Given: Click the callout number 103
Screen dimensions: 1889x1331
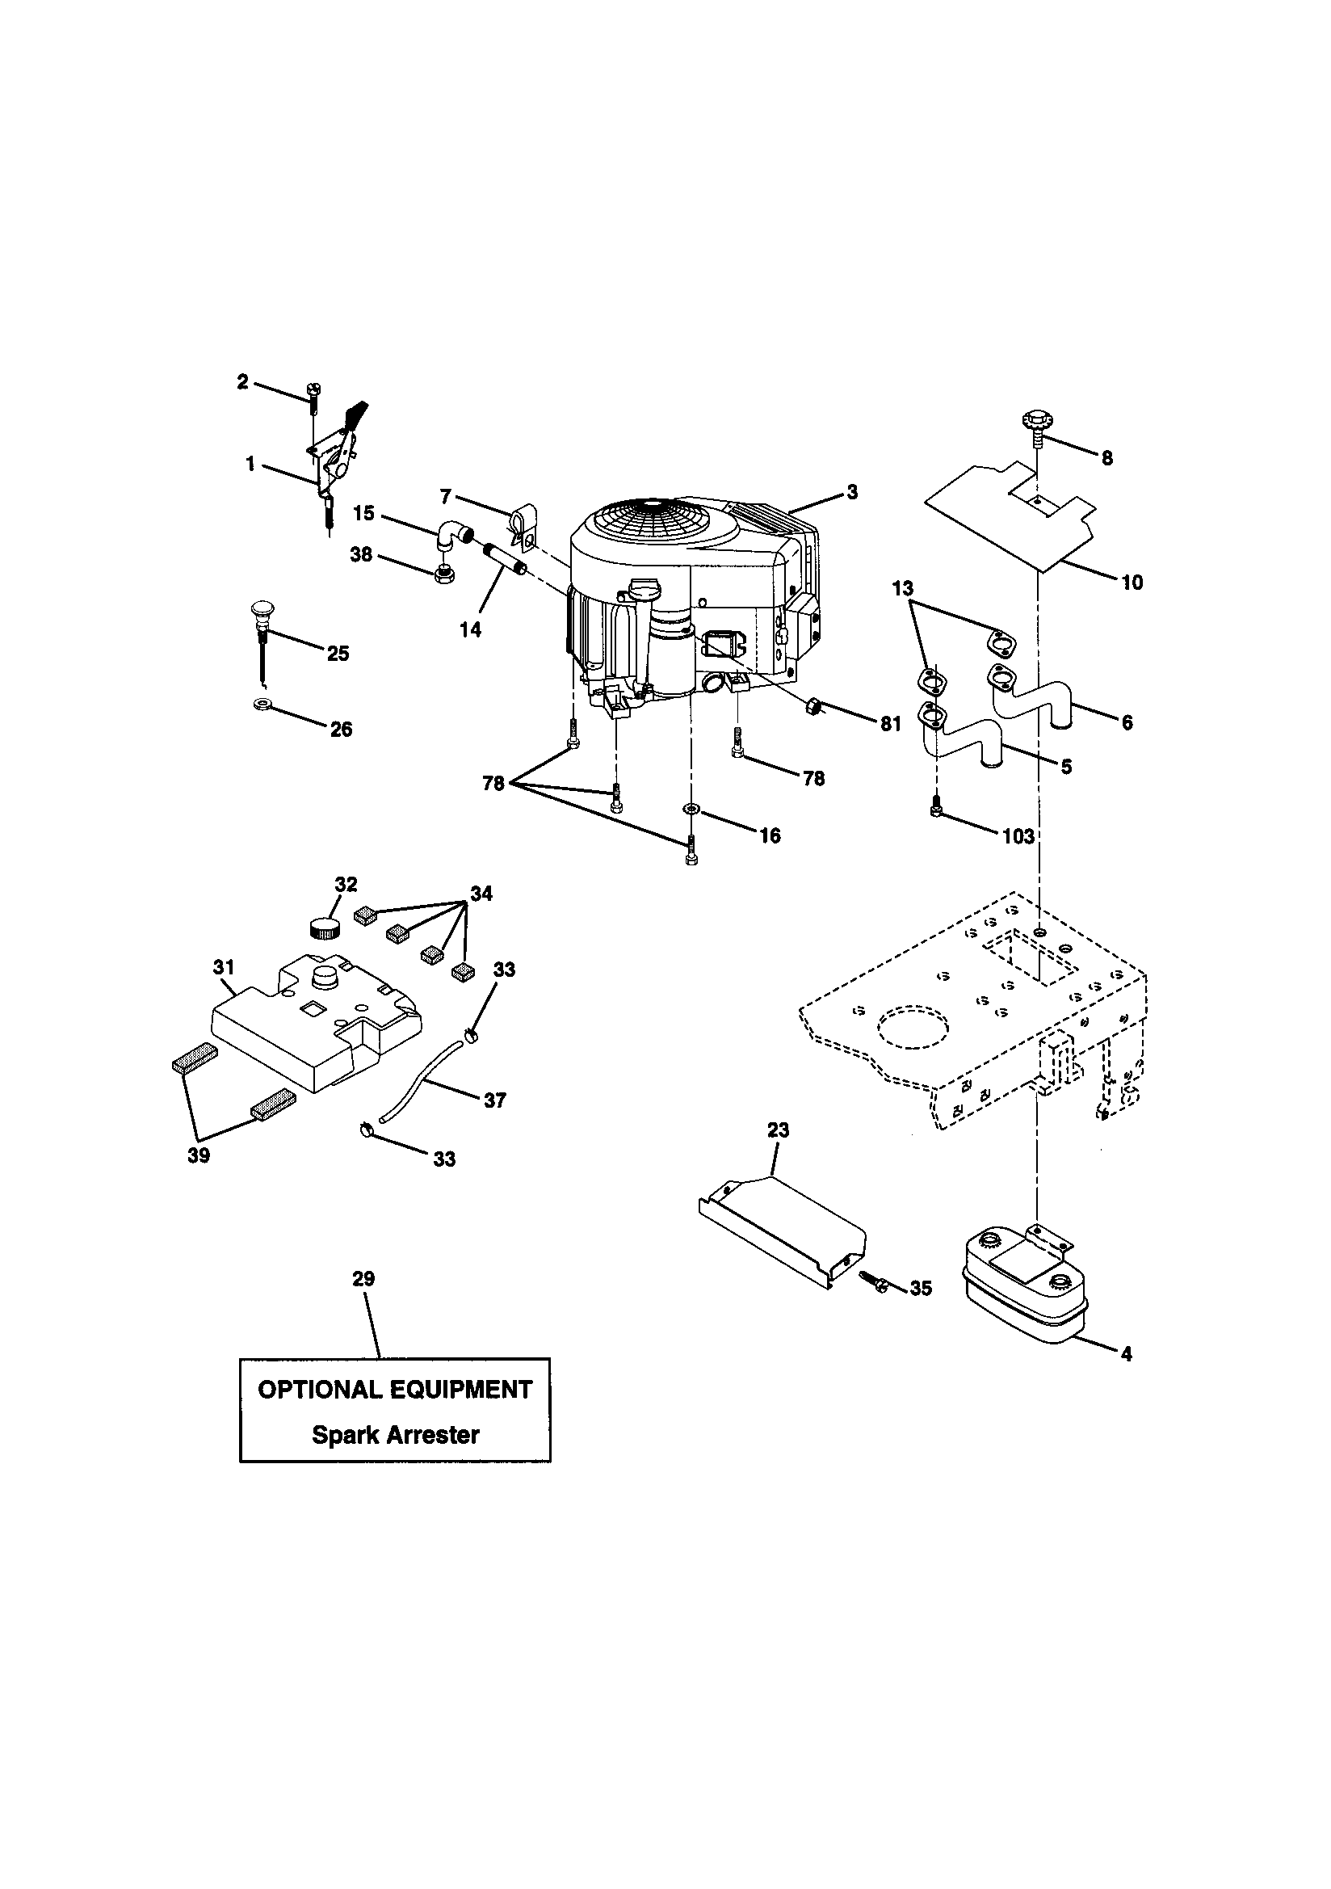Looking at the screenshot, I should coord(1018,836).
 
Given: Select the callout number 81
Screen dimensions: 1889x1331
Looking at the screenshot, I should coord(890,725).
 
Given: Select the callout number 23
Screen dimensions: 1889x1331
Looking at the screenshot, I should coord(778,1130).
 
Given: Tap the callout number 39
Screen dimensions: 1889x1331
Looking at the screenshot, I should coord(198,1155).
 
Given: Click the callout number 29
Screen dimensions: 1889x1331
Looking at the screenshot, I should coord(363,1278).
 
